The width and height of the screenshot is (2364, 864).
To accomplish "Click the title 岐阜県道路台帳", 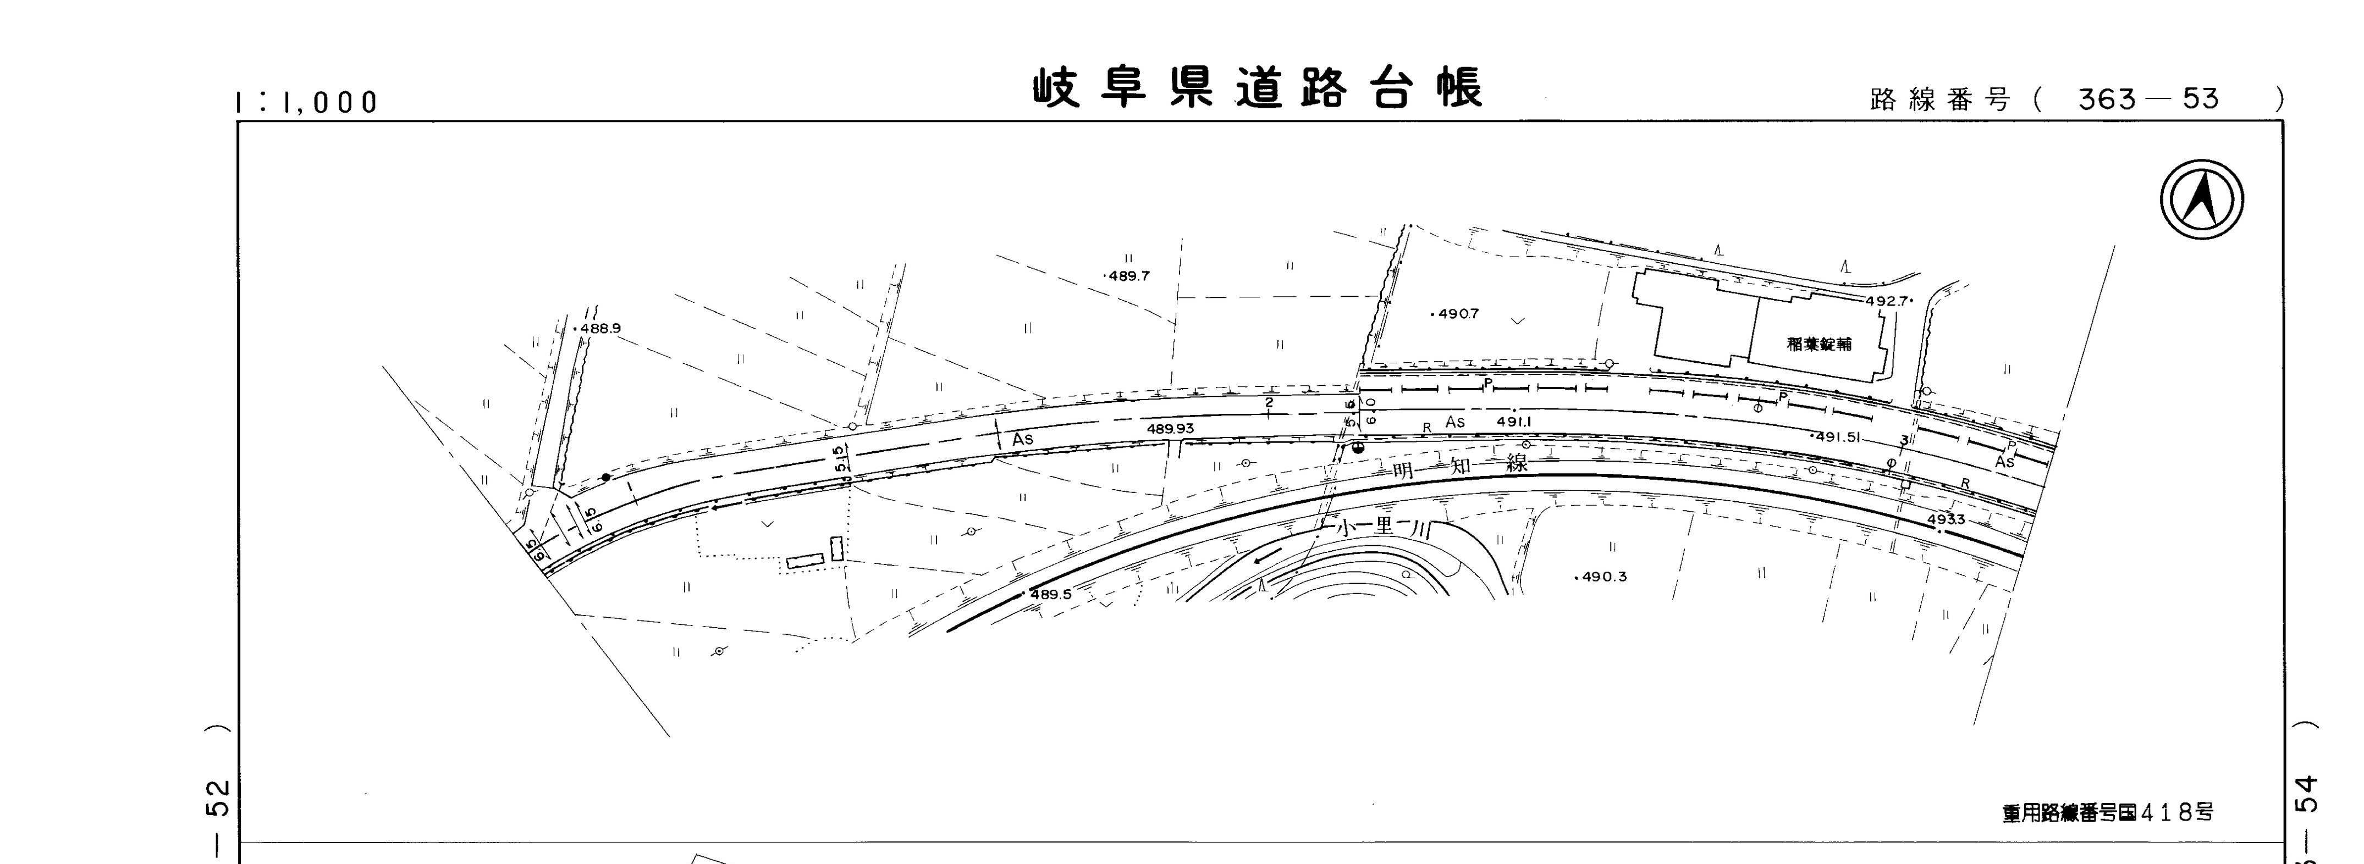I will [x=1257, y=89].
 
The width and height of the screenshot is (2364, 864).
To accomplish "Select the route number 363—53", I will [x=2147, y=99].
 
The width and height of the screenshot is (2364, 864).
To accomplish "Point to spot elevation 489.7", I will [x=1128, y=276].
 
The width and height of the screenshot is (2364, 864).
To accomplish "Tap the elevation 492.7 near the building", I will [x=1886, y=301].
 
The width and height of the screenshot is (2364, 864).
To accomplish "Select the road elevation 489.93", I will [x=1170, y=428].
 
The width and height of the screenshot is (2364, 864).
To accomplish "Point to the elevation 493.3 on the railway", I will [x=1946, y=520].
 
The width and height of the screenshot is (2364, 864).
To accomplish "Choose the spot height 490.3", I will [x=1604, y=577].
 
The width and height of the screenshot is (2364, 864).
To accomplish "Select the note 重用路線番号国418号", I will [x=2107, y=813].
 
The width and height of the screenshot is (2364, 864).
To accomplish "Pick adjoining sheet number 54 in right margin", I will [x=2306, y=794].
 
